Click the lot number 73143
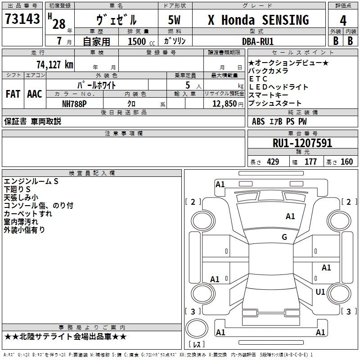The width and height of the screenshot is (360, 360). point(22,19)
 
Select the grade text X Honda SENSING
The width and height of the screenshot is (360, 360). point(258,20)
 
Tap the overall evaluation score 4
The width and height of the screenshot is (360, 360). point(343,20)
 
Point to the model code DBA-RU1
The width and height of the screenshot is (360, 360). point(258,41)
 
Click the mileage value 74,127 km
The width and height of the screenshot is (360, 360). point(54,64)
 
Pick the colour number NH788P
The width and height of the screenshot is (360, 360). point(74,103)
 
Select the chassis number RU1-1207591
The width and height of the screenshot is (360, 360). point(302,143)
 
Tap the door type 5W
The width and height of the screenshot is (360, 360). point(175,20)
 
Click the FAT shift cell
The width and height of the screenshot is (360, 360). point(13,94)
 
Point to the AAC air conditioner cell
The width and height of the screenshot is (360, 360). point(35,94)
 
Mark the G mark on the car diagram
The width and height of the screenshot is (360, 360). point(284,237)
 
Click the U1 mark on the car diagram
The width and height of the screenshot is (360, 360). point(320,292)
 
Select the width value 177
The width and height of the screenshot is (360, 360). point(310,162)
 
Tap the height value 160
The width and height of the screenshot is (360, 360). point(346,162)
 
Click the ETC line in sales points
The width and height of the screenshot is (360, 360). point(258,79)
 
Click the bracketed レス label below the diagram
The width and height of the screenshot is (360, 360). point(198,345)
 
